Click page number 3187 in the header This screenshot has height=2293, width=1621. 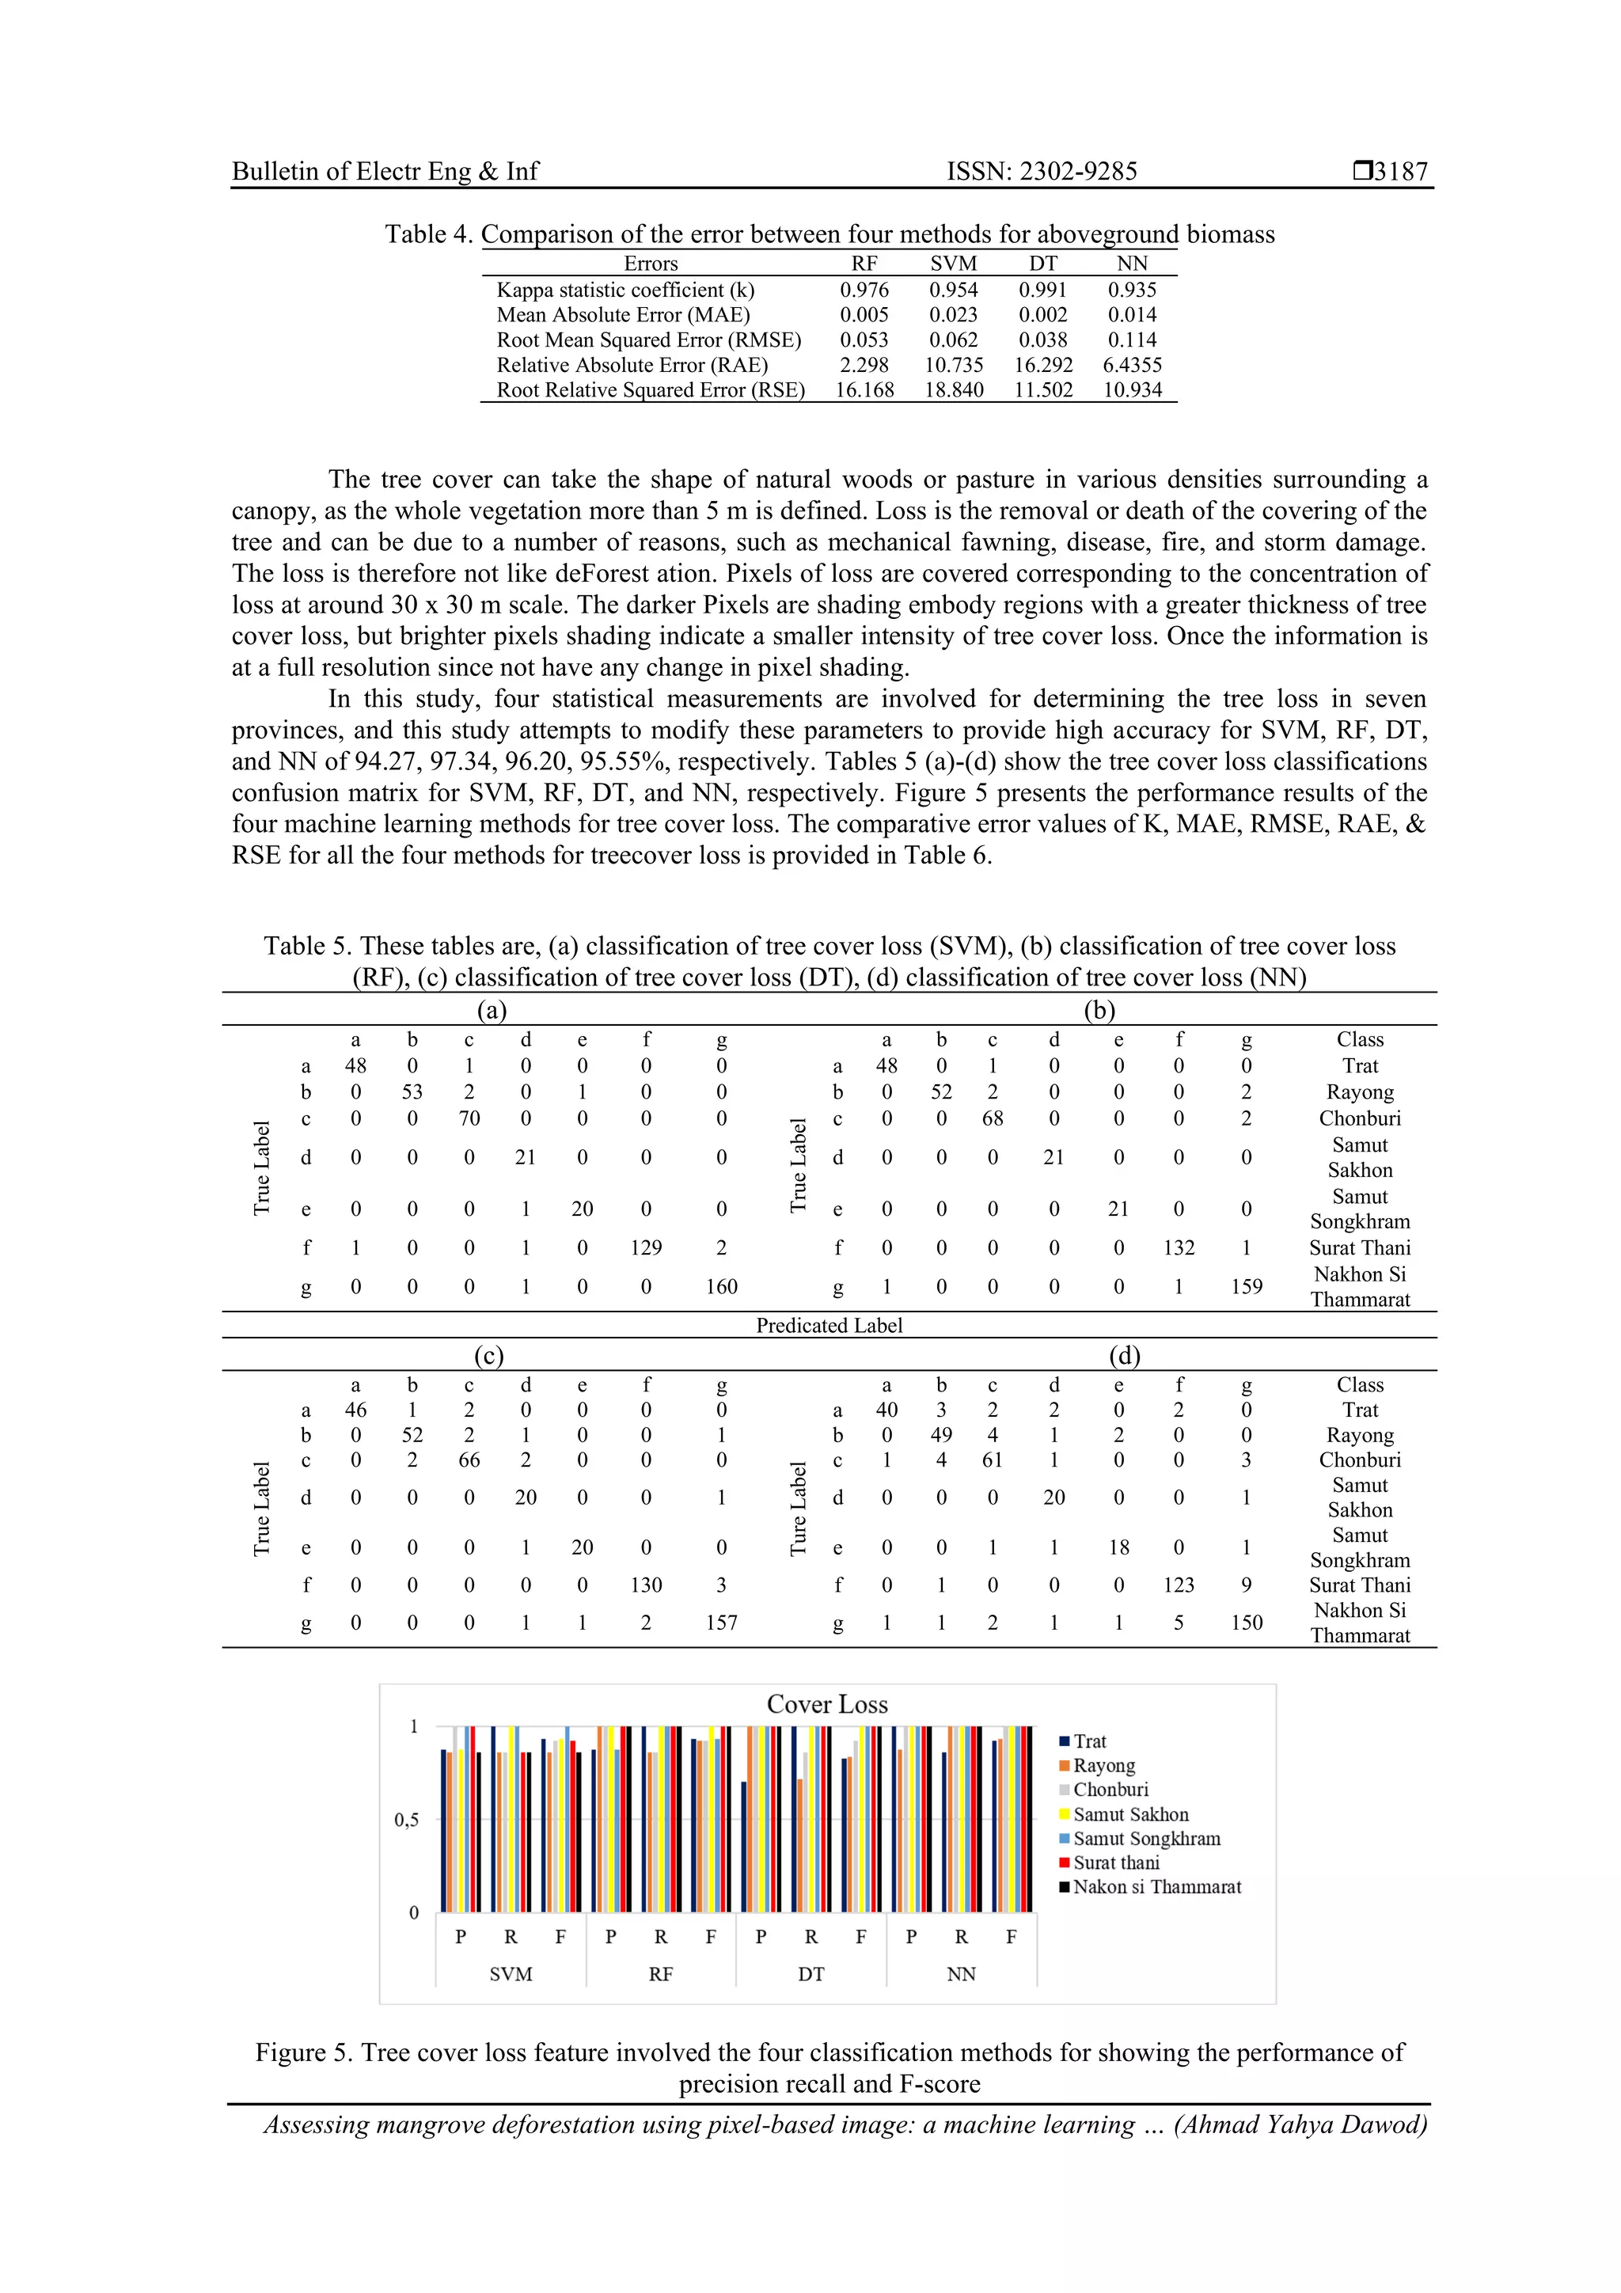(x=1400, y=171)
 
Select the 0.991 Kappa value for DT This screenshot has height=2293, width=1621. (x=1042, y=290)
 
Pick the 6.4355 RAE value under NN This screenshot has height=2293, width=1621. (x=1132, y=365)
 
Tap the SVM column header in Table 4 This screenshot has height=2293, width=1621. (x=953, y=264)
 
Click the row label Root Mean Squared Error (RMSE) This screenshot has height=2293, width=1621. (x=648, y=340)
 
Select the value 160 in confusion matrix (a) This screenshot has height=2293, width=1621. (x=721, y=1286)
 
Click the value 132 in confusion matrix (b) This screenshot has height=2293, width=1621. (x=1179, y=1247)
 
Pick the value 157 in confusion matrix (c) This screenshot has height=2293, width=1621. (x=721, y=1623)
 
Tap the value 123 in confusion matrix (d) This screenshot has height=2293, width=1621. (x=1179, y=1585)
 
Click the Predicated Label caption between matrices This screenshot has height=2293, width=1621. (x=829, y=1325)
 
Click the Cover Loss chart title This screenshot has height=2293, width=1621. (x=827, y=1704)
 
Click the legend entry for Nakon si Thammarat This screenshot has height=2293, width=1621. (x=1156, y=1886)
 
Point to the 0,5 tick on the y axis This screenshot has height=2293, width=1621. (x=407, y=1820)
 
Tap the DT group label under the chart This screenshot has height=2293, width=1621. (x=811, y=1973)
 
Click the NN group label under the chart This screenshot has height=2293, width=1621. (x=961, y=1973)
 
